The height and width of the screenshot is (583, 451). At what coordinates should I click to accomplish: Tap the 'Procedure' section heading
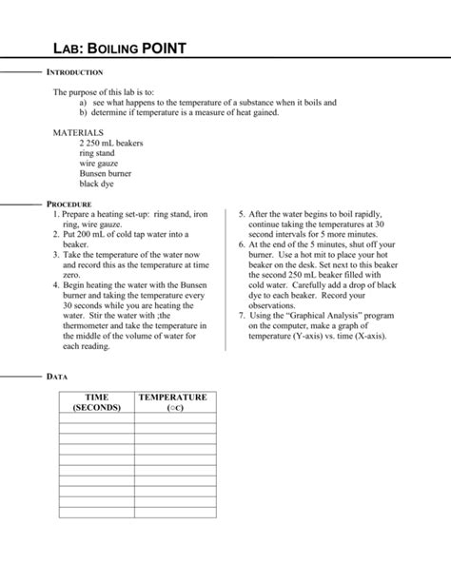69,204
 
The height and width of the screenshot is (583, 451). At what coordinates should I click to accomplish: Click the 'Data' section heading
57,377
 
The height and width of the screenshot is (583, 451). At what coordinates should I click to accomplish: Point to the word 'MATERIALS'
78,132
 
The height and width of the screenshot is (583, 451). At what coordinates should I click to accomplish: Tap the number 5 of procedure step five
242,214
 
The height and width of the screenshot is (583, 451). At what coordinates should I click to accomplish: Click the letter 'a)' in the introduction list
84,102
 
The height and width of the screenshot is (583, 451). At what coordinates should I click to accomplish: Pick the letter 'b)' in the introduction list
84,112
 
